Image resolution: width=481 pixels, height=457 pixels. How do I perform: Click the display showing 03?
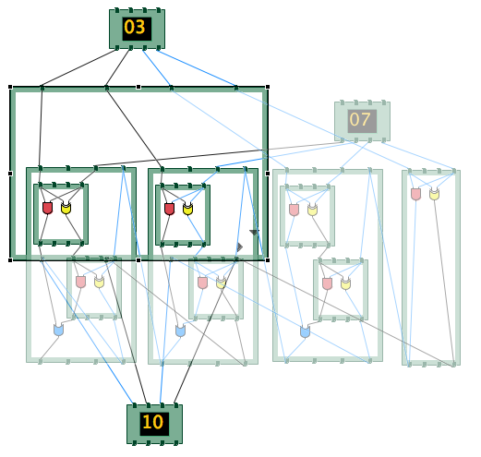pos(137,29)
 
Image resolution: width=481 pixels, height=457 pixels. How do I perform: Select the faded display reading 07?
pos(362,121)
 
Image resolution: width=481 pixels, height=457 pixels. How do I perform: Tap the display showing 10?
pos(154,424)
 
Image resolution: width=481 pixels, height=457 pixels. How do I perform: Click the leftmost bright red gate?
pos(47,208)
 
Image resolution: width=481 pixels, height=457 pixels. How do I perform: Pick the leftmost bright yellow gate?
pos(66,208)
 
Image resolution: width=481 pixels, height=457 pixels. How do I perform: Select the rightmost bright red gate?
pos(169,209)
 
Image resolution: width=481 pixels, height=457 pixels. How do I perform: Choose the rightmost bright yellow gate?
pos(187,209)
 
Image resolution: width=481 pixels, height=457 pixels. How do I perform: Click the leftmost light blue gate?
pos(58,330)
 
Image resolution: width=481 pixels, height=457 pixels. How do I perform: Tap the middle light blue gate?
pos(180,331)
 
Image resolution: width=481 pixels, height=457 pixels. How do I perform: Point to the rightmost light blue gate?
pos(305,331)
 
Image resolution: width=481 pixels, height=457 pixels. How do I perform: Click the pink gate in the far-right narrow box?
pos(415,194)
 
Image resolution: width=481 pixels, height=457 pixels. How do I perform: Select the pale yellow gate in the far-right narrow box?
pos(434,194)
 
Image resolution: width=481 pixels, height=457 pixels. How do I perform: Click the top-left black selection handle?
pos(10,87)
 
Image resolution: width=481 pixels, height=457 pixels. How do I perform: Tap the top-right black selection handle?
pos(268,87)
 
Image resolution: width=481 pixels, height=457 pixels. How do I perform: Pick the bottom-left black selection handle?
pos(10,260)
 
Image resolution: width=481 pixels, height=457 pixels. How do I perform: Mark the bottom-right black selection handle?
pos(268,260)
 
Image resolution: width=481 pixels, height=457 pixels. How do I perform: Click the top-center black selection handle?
pos(138,87)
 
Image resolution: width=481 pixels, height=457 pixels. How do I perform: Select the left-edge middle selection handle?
pos(10,174)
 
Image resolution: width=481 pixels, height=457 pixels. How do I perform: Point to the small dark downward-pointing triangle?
pos(254,233)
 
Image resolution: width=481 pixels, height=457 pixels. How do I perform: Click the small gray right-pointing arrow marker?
pos(240,247)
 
